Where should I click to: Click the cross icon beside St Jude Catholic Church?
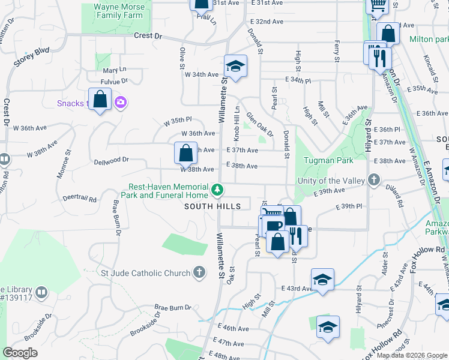tap(200, 273)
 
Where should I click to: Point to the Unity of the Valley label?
tap(333, 180)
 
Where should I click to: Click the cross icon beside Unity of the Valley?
tap(374, 179)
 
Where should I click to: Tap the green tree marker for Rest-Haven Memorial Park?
tap(218, 191)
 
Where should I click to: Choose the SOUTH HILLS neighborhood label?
tap(212, 206)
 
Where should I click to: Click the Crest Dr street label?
tap(148, 36)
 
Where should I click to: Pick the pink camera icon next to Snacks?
tap(121, 103)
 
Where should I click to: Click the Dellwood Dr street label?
tap(112, 160)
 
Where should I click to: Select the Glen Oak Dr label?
tap(259, 124)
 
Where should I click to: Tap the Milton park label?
tap(429, 39)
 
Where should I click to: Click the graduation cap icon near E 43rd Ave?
tap(322, 280)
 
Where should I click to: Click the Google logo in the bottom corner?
tap(20, 352)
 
